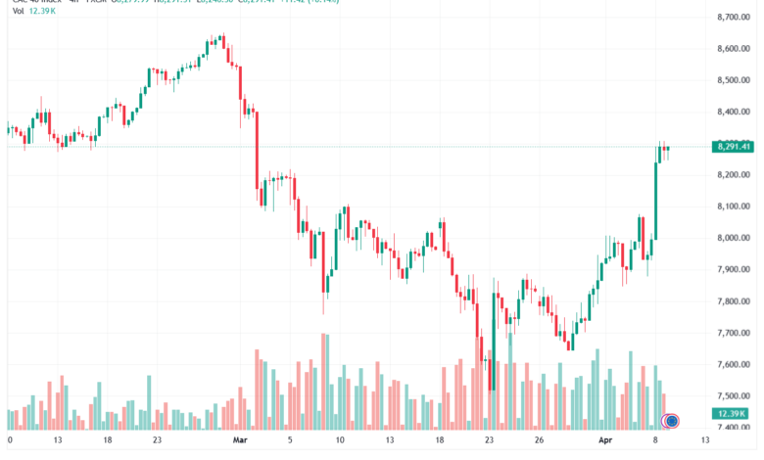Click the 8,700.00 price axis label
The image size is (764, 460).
734,18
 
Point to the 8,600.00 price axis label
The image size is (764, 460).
734,49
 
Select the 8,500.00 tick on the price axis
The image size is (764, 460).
734,80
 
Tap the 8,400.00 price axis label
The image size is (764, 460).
734,112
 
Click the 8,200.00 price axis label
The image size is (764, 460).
734,174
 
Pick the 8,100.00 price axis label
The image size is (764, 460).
734,207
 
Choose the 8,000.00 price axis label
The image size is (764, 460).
734,238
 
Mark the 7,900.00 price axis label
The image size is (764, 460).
734,269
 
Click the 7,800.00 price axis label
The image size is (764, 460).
734,301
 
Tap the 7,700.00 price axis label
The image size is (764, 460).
734,333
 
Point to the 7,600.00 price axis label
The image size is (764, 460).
734,364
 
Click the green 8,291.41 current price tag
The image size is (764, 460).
734,147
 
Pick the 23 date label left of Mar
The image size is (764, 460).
157,440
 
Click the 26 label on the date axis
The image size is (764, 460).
539,440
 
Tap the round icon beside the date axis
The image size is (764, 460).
671,421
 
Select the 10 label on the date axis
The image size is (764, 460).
339,440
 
